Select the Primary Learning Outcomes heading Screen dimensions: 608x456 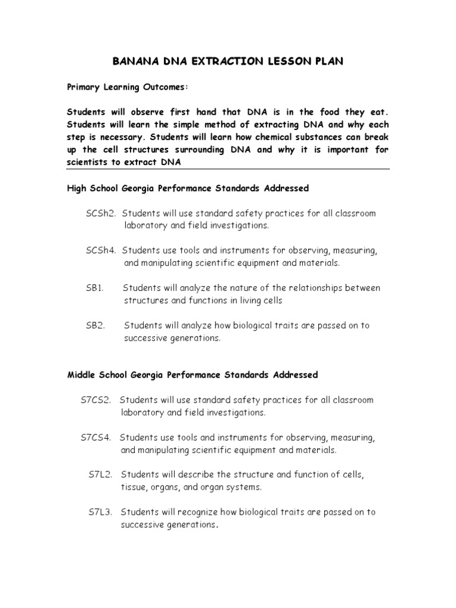[x=127, y=87]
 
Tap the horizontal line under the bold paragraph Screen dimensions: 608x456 [x=228, y=169]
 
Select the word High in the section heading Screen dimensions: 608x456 [x=78, y=188]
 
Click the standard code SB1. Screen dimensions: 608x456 [x=94, y=288]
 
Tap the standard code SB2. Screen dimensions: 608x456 [x=95, y=325]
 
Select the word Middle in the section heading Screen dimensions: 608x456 [x=81, y=375]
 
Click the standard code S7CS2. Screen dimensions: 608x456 [x=96, y=400]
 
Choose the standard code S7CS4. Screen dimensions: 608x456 [x=96, y=438]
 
